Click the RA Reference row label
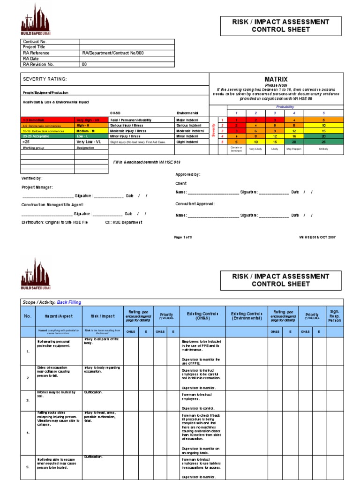(x=36, y=53)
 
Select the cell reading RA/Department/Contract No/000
(x=112, y=53)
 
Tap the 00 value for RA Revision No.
(x=85, y=64)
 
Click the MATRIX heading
(x=276, y=79)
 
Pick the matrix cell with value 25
(x=323, y=141)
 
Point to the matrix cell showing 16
(x=293, y=136)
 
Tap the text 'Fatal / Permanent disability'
(x=131, y=120)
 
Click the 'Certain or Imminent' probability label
(x=236, y=150)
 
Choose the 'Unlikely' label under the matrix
(x=323, y=149)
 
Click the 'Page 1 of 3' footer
(x=183, y=237)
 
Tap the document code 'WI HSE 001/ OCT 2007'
(x=317, y=237)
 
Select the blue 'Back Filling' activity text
(x=69, y=302)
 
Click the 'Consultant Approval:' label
(x=195, y=204)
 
